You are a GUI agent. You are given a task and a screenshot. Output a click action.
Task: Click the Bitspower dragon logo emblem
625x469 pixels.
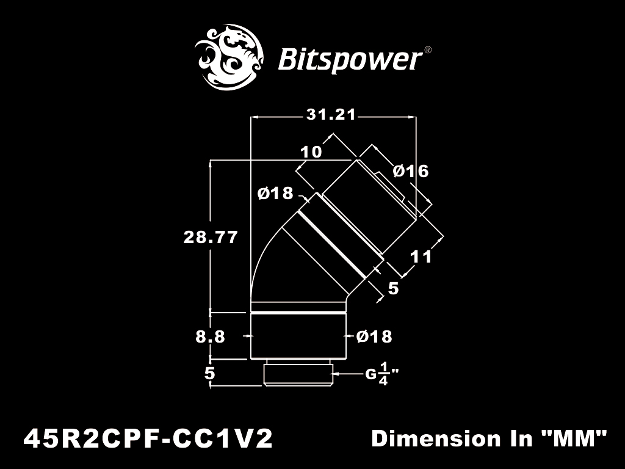pyautogui.click(x=229, y=57)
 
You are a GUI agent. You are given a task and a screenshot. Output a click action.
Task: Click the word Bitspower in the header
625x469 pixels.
pyautogui.click(x=350, y=60)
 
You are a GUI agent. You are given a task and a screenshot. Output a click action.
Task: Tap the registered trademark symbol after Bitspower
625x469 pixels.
pyautogui.click(x=428, y=50)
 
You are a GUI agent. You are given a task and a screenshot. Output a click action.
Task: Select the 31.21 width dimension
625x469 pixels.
pyautogui.click(x=331, y=115)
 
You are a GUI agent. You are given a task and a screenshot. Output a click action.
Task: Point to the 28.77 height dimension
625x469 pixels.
pyautogui.click(x=211, y=238)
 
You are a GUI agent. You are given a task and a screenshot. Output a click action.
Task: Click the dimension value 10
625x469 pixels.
pyautogui.click(x=311, y=152)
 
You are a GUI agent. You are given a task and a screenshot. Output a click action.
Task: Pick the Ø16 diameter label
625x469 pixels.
pyautogui.click(x=411, y=171)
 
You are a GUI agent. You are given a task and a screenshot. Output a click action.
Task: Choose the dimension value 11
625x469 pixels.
pyautogui.click(x=421, y=257)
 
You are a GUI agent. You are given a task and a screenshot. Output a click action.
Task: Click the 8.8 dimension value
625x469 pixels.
pyautogui.click(x=210, y=336)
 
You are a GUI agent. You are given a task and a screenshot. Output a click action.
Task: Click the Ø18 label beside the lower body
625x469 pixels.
pyautogui.click(x=374, y=336)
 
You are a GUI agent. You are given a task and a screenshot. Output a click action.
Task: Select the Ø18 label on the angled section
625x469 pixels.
pyautogui.click(x=275, y=194)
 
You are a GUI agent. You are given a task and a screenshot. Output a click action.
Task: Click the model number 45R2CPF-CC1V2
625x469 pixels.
pyautogui.click(x=148, y=438)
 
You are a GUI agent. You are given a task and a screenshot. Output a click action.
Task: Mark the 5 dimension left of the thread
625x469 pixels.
pyautogui.click(x=210, y=374)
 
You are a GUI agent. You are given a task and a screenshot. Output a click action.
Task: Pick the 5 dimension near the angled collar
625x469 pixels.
pyautogui.click(x=393, y=288)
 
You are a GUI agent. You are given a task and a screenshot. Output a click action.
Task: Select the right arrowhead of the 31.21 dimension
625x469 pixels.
pyautogui.click(x=413, y=117)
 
